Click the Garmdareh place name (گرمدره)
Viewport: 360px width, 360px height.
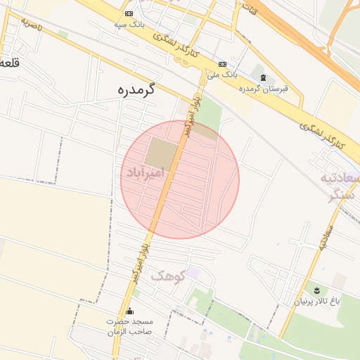(x=136, y=90)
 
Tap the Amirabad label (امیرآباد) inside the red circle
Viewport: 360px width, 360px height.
(x=146, y=171)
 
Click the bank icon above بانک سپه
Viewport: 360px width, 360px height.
(x=129, y=13)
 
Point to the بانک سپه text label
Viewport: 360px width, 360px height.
(x=129, y=24)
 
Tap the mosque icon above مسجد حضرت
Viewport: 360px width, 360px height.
(x=129, y=311)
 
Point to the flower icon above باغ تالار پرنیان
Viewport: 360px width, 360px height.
(x=316, y=290)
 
